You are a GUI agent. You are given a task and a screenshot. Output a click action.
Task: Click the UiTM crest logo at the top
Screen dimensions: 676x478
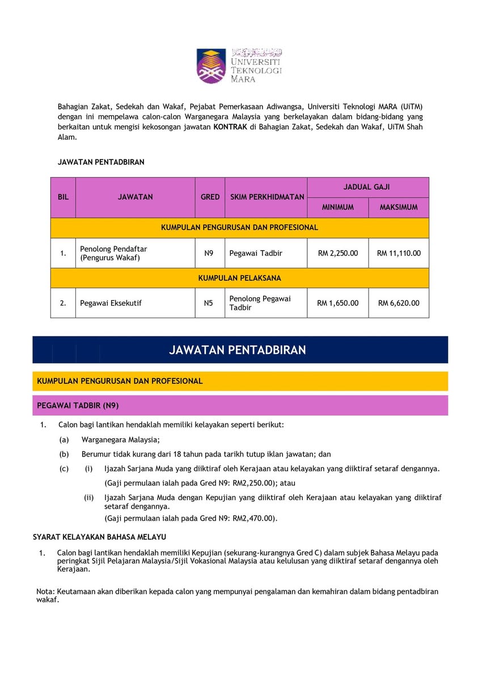211,65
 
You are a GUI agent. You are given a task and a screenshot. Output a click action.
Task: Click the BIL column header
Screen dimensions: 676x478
63,197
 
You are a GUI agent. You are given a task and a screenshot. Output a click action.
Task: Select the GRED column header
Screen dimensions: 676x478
210,197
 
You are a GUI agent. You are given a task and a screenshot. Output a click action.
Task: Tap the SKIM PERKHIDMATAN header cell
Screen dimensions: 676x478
267,197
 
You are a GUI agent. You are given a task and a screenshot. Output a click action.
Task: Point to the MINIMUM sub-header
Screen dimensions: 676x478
338,208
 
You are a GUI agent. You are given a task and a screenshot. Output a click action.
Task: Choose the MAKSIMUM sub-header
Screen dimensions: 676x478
399,208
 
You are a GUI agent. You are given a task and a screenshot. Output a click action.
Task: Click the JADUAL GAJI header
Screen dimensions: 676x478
367,187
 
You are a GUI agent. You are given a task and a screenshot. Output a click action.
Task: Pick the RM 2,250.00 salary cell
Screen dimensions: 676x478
338,253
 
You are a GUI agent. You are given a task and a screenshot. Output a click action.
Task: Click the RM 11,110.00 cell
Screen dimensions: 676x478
399,253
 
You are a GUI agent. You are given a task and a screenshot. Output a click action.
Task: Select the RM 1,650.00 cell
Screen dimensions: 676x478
338,303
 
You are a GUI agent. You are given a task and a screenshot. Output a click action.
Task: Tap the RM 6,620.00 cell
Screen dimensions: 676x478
399,303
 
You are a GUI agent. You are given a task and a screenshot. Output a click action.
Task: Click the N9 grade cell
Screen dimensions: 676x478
209,253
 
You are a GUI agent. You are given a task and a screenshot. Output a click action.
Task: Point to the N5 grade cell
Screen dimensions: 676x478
209,303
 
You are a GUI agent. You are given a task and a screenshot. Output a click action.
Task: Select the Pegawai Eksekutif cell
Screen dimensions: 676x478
111,303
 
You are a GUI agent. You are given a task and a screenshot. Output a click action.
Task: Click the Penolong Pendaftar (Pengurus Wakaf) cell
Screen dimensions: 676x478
113,253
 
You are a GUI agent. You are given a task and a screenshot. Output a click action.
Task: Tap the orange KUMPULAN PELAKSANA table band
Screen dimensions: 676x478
239,278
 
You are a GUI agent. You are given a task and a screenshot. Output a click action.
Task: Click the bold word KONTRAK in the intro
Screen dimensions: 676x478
230,127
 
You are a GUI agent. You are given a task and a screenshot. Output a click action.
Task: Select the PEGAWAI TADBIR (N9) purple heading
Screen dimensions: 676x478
78,405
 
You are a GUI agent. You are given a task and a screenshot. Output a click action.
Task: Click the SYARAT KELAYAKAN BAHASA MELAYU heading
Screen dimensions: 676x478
100,536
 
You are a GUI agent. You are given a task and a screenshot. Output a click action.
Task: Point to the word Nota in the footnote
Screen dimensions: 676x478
45,591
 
